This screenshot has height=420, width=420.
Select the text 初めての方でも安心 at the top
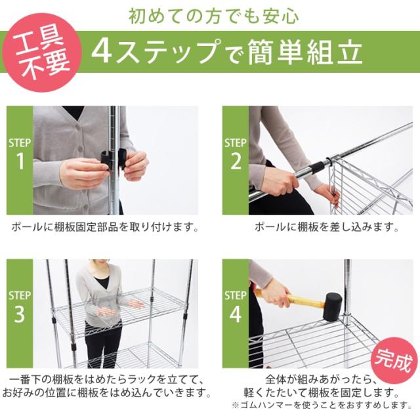(x=209, y=14)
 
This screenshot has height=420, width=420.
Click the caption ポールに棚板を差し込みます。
(x=326, y=228)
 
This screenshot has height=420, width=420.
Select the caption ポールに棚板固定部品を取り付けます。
(x=105, y=228)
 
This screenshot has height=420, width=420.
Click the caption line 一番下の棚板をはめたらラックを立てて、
(x=105, y=381)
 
